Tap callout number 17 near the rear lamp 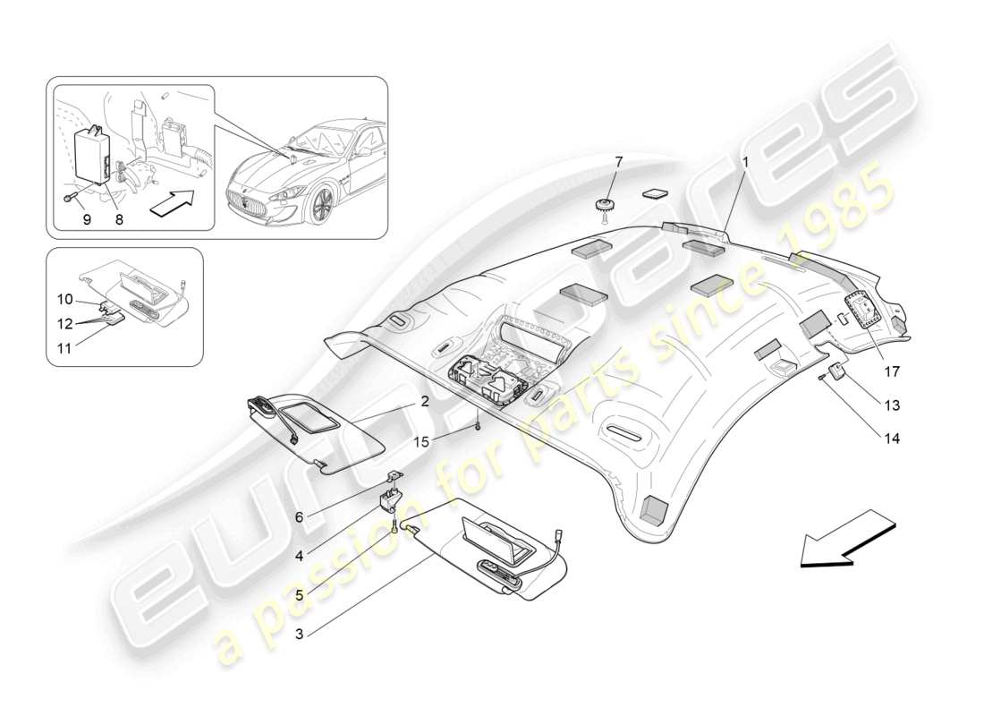(891, 370)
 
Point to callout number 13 (891, 405)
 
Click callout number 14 (891, 439)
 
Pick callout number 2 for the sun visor (424, 402)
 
